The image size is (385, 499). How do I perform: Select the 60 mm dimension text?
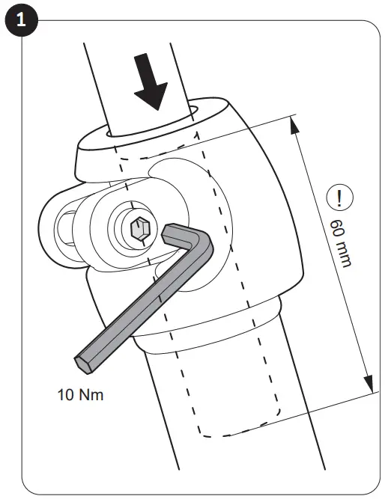[341, 242]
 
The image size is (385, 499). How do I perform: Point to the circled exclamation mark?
[343, 198]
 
